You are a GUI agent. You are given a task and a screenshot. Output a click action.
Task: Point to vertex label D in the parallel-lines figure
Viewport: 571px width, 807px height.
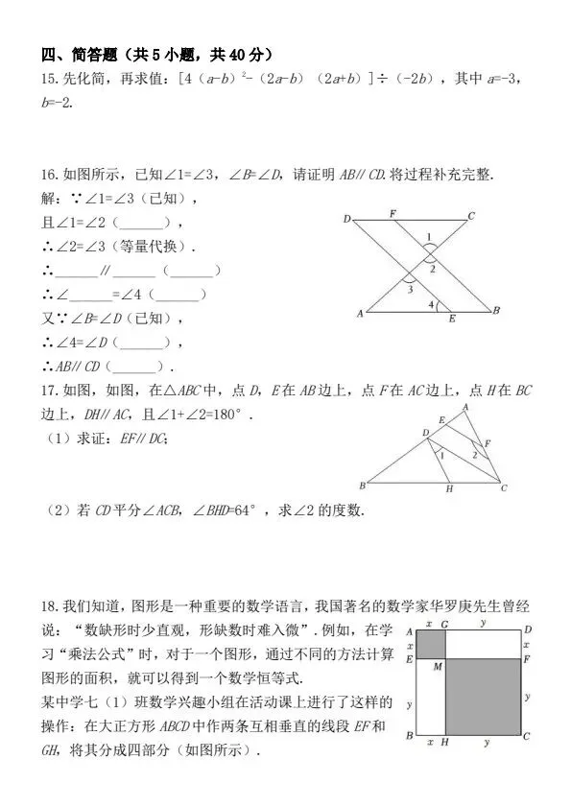click(346, 220)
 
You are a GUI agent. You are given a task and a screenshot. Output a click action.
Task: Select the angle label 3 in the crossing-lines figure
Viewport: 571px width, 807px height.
click(410, 289)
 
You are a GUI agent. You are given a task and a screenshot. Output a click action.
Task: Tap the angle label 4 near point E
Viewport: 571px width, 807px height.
click(431, 304)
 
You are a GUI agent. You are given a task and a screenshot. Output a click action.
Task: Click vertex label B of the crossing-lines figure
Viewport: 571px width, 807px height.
click(495, 312)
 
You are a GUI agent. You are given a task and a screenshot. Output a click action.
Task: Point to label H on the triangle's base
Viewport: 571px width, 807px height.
click(448, 488)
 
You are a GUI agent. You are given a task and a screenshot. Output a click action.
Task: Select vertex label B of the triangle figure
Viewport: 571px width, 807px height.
click(362, 485)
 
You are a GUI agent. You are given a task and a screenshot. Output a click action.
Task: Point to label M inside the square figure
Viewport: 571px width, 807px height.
click(437, 666)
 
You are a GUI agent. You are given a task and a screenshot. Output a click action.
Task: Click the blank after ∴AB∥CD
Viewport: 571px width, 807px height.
click(138, 367)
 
